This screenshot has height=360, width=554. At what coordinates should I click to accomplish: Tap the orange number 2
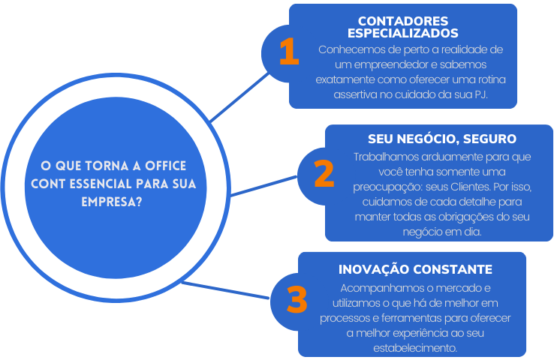pyautogui.click(x=324, y=173)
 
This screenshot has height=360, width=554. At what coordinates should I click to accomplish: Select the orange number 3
pyautogui.click(x=297, y=299)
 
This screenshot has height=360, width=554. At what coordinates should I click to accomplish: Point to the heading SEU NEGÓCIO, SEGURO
pyautogui.click(x=442, y=139)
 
